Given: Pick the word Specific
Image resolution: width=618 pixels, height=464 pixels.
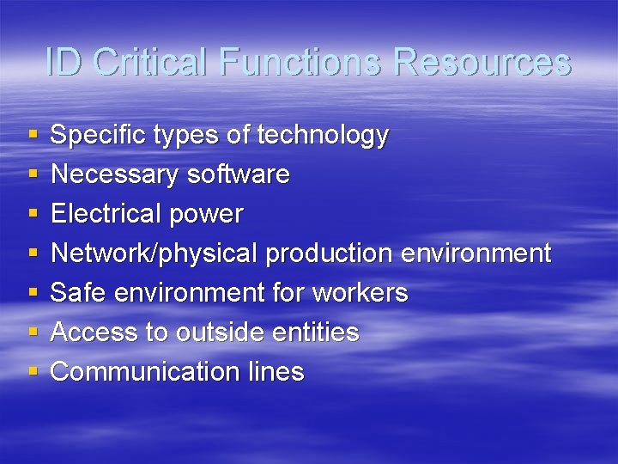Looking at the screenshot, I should (x=101, y=135).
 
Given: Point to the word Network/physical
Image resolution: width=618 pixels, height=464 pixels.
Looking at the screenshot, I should (x=154, y=253).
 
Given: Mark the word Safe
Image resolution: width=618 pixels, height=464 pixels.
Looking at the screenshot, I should (x=78, y=293).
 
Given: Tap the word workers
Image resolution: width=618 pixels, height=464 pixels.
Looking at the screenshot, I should (x=360, y=293).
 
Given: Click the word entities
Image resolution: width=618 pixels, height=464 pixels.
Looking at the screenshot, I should (x=325, y=333).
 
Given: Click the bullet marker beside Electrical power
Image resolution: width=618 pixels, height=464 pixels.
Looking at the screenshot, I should (x=33, y=214).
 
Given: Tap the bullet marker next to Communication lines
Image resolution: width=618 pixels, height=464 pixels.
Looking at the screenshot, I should (x=33, y=372).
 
